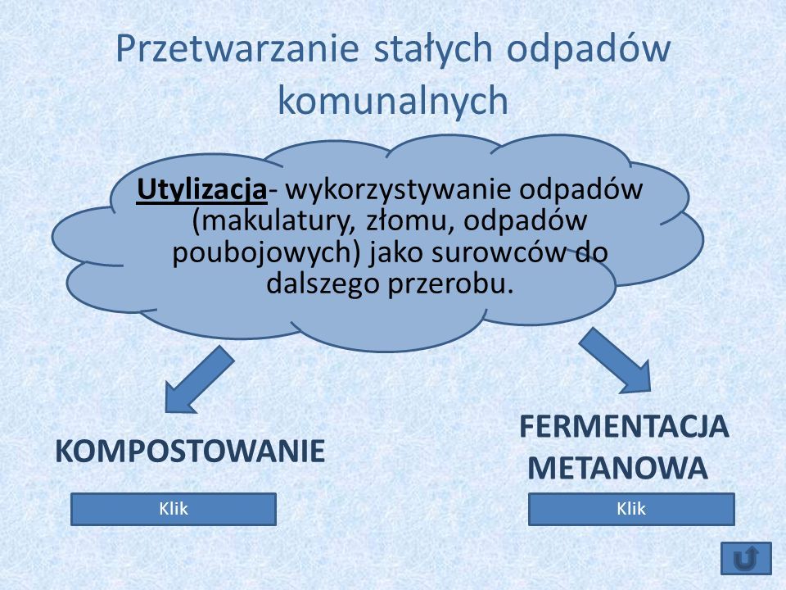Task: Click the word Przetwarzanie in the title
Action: [x=237, y=49]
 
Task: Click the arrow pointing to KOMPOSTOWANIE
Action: [x=200, y=379]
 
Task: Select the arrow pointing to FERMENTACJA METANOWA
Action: [x=616, y=361]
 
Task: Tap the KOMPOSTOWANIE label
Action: [x=190, y=451]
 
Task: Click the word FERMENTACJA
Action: [x=624, y=427]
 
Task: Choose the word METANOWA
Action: [x=617, y=469]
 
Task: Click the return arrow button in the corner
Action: [x=747, y=558]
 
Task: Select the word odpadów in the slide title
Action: [x=589, y=49]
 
